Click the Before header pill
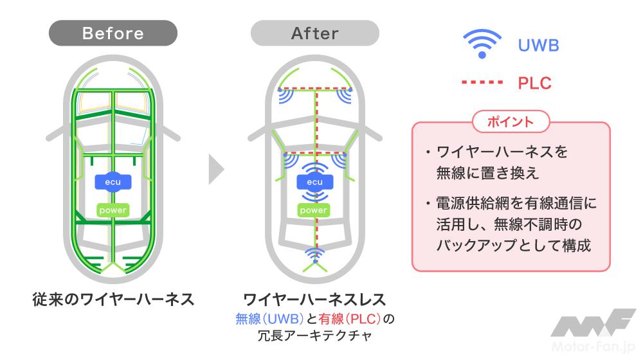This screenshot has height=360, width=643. click(x=113, y=33)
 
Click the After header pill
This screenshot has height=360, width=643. click(x=314, y=33)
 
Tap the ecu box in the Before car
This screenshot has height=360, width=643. click(x=113, y=182)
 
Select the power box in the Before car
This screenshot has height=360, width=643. click(x=113, y=210)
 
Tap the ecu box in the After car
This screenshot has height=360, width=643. click(x=314, y=182)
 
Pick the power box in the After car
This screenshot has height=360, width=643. click(x=314, y=210)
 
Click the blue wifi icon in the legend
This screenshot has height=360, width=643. click(x=481, y=45)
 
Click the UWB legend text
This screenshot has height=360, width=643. click(x=538, y=46)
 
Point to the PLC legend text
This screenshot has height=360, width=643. click(x=534, y=83)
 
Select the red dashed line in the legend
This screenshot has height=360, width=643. click(x=481, y=83)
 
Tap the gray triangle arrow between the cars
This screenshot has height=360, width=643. click(x=217, y=171)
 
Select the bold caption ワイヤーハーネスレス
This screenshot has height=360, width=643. click(x=314, y=299)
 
